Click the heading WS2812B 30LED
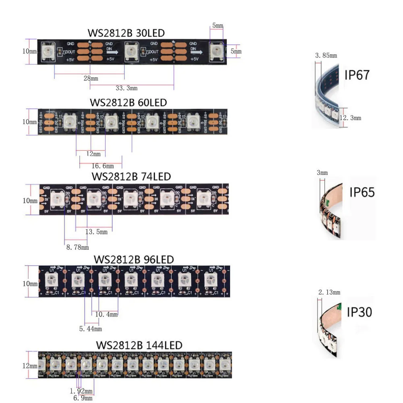pos(126,33)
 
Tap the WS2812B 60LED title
pos(128,103)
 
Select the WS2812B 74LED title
pos(131,177)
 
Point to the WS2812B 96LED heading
pos(133,259)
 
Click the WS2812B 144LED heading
pos(139,345)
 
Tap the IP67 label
pos(357,75)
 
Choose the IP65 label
pos(362,192)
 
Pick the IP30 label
pos(359,312)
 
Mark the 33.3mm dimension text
pos(126,88)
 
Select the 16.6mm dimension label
pos(102,166)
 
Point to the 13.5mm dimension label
pos(96,232)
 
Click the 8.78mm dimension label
pos(77,247)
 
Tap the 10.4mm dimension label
pos(106,314)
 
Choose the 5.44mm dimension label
pos(90,329)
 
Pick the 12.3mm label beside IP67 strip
pos(351,118)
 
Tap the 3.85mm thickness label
pos(326,55)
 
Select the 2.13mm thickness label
pos(329,292)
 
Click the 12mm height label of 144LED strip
pos(30,366)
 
